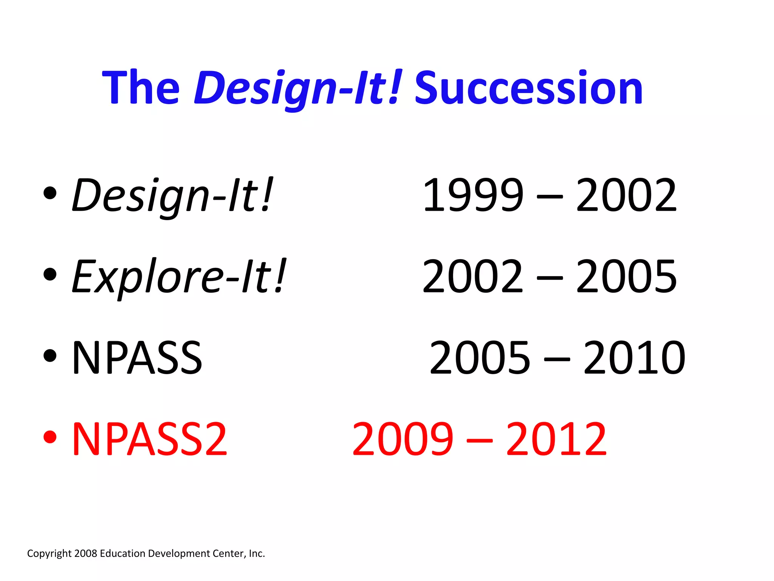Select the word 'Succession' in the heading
click(528, 89)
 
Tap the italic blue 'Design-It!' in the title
click(297, 89)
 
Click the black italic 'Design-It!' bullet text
click(172, 196)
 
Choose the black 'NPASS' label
click(137, 357)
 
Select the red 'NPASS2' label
click(150, 439)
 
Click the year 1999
click(473, 196)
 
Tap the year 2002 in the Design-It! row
click(626, 196)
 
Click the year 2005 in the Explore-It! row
click(626, 277)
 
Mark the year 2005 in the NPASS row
click(480, 357)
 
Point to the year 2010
click(634, 357)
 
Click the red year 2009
click(403, 439)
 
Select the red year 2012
click(556, 439)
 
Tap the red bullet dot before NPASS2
click(50, 437)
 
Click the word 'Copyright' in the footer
click(49, 554)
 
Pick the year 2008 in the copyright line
click(86, 553)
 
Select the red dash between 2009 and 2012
click(480, 441)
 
